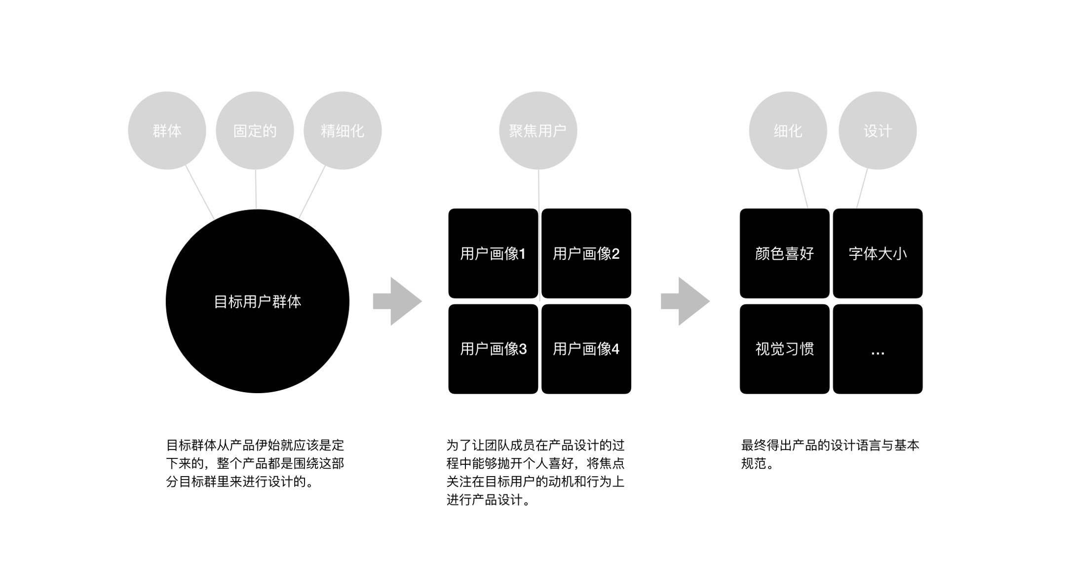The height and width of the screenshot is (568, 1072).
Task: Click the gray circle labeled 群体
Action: (167, 131)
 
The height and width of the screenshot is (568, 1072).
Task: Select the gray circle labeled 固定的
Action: (255, 131)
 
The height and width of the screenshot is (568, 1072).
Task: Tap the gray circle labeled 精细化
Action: (343, 131)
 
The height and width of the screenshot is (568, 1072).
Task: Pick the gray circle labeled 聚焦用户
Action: (538, 131)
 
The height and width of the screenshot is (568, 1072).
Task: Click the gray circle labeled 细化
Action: (788, 131)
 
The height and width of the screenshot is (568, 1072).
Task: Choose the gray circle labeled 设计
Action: (878, 131)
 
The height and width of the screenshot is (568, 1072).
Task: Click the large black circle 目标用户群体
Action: (258, 301)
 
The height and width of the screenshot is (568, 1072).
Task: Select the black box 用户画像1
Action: (493, 253)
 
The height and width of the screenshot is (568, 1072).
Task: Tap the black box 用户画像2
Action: (586, 253)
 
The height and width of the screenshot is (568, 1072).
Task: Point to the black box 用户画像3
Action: (493, 349)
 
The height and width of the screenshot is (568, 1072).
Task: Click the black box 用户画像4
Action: (586, 349)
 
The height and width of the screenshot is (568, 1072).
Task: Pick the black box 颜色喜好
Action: (784, 253)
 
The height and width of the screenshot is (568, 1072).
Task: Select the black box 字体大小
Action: (878, 253)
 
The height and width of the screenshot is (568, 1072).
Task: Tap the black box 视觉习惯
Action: (784, 349)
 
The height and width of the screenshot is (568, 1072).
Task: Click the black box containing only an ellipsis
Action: (878, 349)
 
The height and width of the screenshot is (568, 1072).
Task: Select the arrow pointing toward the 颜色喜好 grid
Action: (685, 301)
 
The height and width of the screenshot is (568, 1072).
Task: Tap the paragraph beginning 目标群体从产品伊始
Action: (255, 463)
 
